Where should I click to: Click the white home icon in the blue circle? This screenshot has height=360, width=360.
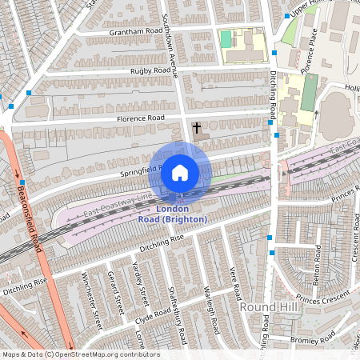(x=180, y=172)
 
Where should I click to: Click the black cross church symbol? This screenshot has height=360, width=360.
(x=197, y=127)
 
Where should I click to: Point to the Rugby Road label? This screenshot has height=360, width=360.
(x=151, y=71)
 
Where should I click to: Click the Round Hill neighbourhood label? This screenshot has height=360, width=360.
(x=266, y=306)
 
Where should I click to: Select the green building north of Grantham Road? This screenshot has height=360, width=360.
(x=226, y=38)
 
